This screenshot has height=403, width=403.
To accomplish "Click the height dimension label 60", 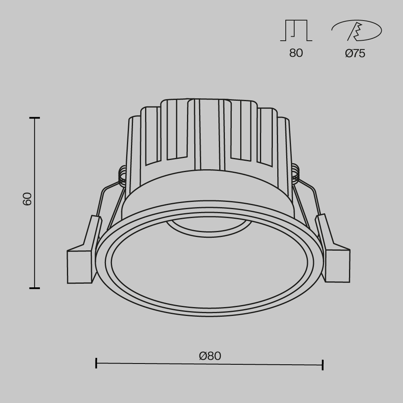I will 27,199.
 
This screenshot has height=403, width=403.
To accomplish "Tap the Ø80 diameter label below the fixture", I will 210,356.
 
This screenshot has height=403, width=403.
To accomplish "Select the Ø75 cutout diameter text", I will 355,54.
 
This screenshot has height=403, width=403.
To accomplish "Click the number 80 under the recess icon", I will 296,53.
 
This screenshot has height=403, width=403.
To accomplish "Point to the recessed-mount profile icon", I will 296,31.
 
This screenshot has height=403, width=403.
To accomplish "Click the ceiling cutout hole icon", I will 356,31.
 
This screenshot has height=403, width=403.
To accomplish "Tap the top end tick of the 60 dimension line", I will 35,118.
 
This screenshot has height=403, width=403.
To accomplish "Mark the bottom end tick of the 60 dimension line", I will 35,288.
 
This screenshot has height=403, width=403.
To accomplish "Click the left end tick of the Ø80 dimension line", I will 96,363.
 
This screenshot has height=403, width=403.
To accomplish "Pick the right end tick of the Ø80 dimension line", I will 323,365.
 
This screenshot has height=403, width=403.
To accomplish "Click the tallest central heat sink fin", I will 209,133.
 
